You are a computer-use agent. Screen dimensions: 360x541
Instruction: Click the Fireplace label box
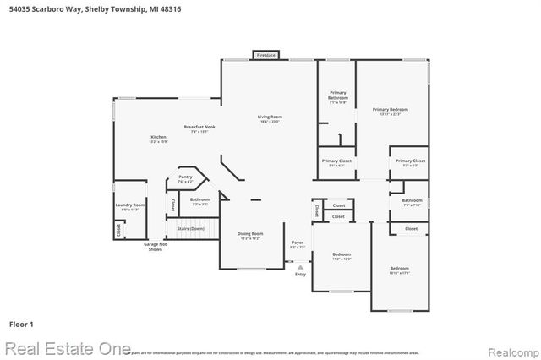(x=265, y=55)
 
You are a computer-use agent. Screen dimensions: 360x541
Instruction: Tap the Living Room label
(x=270, y=117)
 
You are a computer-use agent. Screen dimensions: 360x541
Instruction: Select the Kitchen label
(x=158, y=137)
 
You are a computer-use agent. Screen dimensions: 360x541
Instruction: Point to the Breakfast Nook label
(x=199, y=127)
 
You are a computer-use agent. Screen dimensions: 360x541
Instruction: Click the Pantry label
(x=185, y=177)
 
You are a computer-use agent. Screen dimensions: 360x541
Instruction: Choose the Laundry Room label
(x=130, y=205)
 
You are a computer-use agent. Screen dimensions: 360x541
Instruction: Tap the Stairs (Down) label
(x=190, y=228)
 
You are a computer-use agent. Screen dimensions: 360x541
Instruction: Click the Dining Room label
(x=249, y=234)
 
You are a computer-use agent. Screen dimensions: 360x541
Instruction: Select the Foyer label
(x=298, y=243)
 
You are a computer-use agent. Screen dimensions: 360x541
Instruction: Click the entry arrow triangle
(x=299, y=266)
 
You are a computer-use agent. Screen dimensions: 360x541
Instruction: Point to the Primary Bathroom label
(x=337, y=95)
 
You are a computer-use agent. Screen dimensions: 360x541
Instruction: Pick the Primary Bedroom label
(x=391, y=110)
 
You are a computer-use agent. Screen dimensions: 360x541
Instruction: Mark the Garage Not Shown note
(x=155, y=247)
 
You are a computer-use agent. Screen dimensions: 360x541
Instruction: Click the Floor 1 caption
(x=21, y=324)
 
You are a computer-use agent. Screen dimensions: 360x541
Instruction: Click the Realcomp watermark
(x=511, y=349)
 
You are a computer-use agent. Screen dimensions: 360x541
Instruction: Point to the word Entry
(x=300, y=274)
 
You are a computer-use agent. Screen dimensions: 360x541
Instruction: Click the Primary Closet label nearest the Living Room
(x=336, y=161)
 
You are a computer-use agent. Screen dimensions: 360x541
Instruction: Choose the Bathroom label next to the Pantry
(x=200, y=200)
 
